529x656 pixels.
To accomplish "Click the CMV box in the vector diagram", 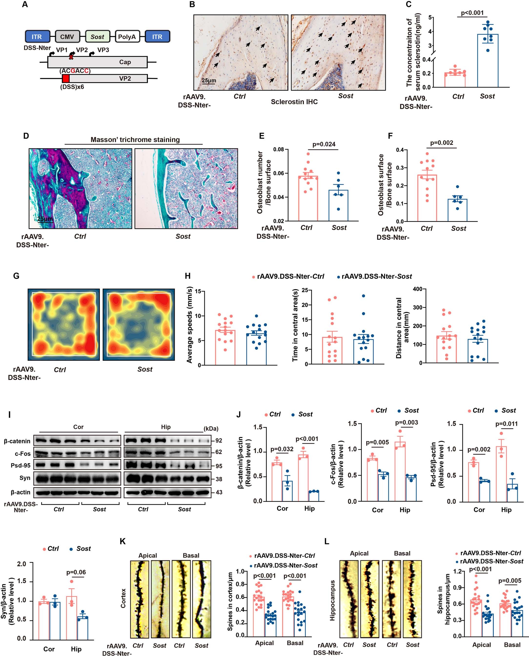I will pos(67,37).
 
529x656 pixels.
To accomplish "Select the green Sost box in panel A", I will pos(97,37).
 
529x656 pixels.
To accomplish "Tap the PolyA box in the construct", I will pos(127,37).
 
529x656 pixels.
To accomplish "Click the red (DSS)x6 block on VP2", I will pos(66,79).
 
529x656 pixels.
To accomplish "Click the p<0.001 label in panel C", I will pos(472,13).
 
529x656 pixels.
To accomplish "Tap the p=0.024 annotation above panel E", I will pos(324,144).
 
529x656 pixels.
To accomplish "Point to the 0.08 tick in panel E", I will pos(278,150).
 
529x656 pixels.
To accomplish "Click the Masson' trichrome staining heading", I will pos(135,140).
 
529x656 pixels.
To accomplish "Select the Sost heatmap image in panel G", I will pos(139,324).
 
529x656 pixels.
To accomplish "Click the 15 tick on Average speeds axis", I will pos(198,292).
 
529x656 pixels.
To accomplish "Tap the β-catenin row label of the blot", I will pos(17,441).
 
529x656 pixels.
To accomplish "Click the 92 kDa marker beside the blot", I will pos(218,441).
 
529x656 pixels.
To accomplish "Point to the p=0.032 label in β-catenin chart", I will pos(282,449).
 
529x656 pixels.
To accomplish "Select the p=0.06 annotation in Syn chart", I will pos(76,572).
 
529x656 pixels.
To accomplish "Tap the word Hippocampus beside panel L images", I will pos(332,600).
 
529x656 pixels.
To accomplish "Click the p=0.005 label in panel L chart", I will pos(510,581).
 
